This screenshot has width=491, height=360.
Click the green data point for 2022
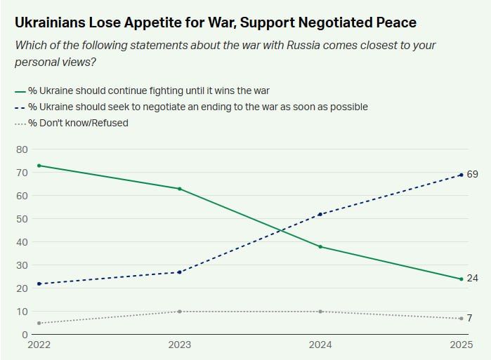coord(39,166)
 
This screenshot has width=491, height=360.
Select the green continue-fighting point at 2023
coord(180,189)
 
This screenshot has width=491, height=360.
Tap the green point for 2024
coord(320,247)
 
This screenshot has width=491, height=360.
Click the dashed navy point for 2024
coord(320,214)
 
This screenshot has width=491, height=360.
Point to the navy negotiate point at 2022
coord(39,284)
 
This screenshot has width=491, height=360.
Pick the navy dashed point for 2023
coord(180,272)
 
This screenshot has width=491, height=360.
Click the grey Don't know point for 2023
coord(180,312)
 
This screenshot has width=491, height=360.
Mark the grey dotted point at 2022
coord(39,323)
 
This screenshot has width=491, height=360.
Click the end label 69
coord(472,174)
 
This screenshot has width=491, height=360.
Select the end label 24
coord(472,279)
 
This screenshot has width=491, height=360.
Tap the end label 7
coord(469,318)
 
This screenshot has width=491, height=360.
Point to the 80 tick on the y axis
coord(21,149)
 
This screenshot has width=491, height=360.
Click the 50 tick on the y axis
coord(21,219)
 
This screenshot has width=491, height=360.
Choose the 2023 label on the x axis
coord(180,345)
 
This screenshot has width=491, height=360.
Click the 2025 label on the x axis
coord(460,345)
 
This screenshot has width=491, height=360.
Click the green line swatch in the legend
coord(20,91)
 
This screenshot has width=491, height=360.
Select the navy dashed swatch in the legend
coord(20,107)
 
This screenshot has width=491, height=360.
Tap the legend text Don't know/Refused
coord(83,124)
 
